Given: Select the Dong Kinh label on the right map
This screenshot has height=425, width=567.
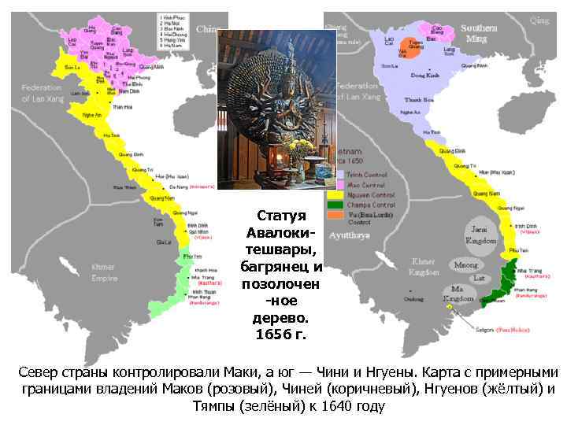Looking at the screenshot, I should (x=425, y=76).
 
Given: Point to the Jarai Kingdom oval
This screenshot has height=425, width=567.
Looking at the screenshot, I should (x=481, y=233).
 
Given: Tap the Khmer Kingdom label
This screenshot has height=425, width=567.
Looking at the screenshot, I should (x=424, y=266).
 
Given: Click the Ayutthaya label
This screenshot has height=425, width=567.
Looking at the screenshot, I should (x=346, y=235).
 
